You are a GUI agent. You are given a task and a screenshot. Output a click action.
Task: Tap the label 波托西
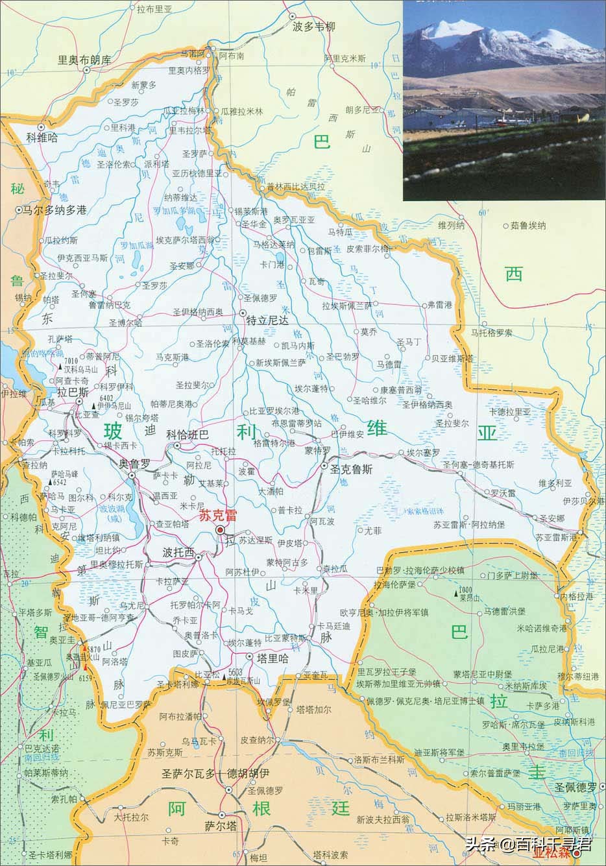pyautogui.click(x=178, y=553)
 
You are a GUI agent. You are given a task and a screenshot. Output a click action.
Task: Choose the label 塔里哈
pyautogui.click(x=272, y=657)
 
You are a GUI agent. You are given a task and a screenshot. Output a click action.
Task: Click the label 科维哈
pyautogui.click(x=42, y=138)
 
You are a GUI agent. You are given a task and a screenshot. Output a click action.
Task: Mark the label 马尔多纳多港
pyautogui.click(x=55, y=210)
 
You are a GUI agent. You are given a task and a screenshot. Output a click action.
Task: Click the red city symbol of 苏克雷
pyautogui.click(x=220, y=531)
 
